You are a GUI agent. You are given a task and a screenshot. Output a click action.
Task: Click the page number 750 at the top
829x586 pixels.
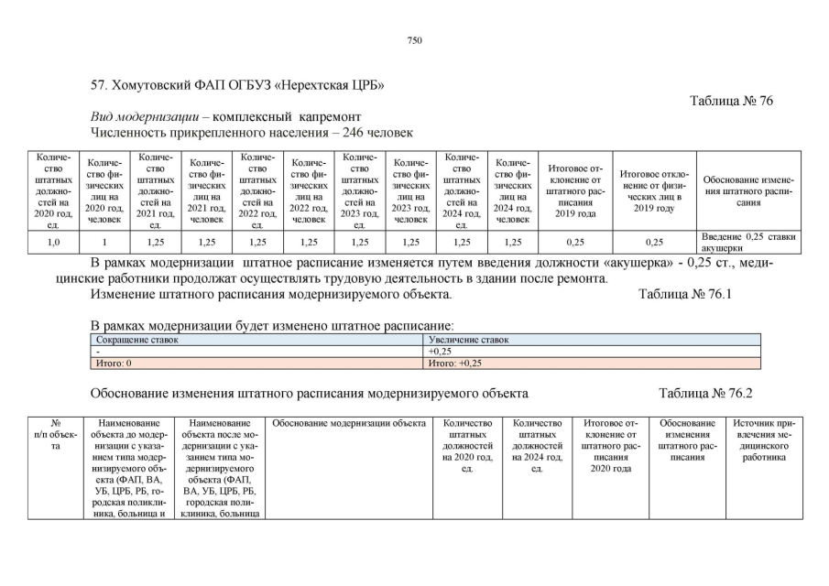(x=414, y=39)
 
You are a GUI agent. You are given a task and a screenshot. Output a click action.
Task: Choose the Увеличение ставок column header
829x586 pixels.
(x=468, y=340)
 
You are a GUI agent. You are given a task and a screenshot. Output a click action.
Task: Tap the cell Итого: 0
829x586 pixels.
(x=115, y=363)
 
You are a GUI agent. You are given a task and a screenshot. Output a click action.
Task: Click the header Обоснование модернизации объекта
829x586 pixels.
(x=349, y=423)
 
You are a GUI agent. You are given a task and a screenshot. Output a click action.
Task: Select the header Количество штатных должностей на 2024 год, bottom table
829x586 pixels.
(x=538, y=445)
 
